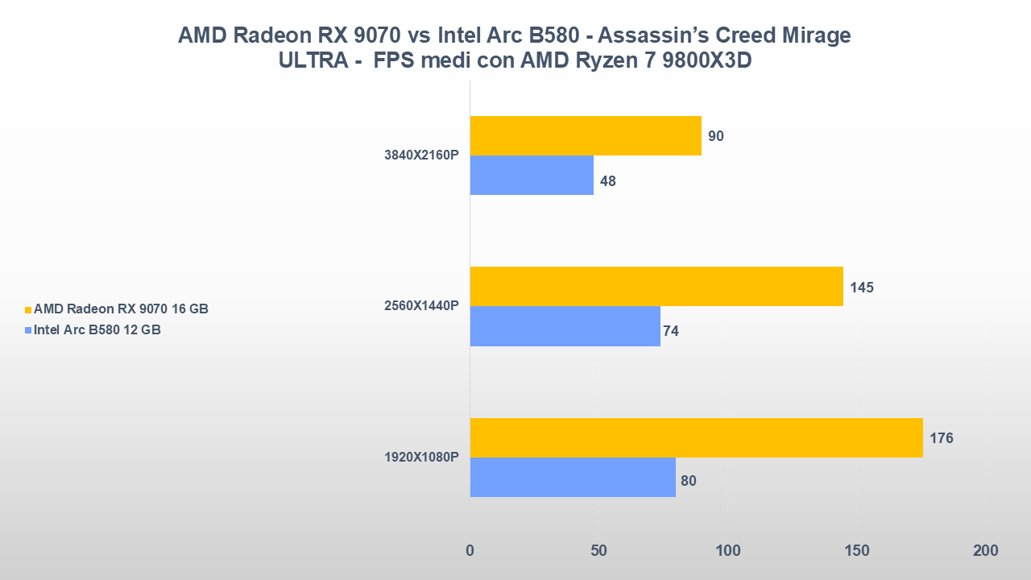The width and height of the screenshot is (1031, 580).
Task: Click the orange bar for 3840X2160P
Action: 586,136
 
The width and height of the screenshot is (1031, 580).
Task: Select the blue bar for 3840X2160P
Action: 532,176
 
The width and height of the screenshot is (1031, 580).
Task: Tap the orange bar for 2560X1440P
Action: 656,287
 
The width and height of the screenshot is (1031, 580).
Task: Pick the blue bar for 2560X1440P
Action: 565,326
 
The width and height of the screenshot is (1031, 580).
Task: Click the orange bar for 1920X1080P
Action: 696,437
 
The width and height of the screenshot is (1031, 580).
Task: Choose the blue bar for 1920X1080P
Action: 573,477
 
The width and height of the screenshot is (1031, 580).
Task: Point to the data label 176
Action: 941,438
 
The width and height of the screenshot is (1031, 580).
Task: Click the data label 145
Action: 861,288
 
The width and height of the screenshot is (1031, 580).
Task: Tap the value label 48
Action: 608,181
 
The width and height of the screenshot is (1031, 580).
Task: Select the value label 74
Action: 670,331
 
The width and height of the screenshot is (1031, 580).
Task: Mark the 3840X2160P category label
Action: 421,155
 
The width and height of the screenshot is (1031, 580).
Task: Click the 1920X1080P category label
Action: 421,458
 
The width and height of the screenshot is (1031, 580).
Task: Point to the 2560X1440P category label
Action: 421,306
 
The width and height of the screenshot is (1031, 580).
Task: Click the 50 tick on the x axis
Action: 598,551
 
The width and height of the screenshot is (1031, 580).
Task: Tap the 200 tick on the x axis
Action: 985,551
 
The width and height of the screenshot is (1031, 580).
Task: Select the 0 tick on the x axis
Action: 470,551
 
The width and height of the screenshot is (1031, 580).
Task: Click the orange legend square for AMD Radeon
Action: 28,309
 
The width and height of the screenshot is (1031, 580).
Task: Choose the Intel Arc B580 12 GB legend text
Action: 97,329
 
